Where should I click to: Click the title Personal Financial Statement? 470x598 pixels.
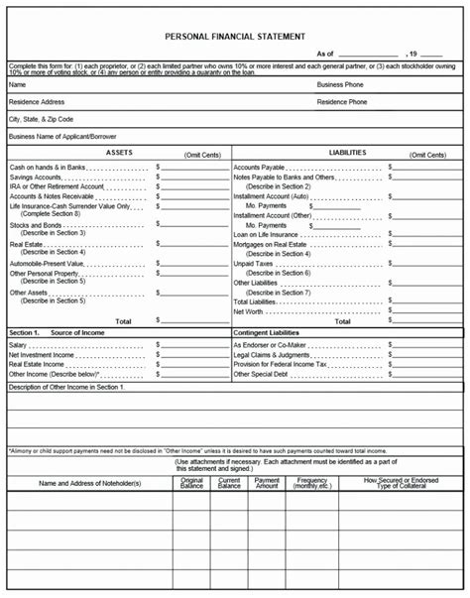(235, 36)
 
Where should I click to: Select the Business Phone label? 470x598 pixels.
(339, 85)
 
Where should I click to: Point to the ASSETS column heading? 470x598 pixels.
(118, 153)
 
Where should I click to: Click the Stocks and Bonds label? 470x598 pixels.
(36, 225)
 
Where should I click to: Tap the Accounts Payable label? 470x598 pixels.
(259, 168)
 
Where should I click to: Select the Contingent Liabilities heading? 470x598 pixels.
(273, 332)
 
